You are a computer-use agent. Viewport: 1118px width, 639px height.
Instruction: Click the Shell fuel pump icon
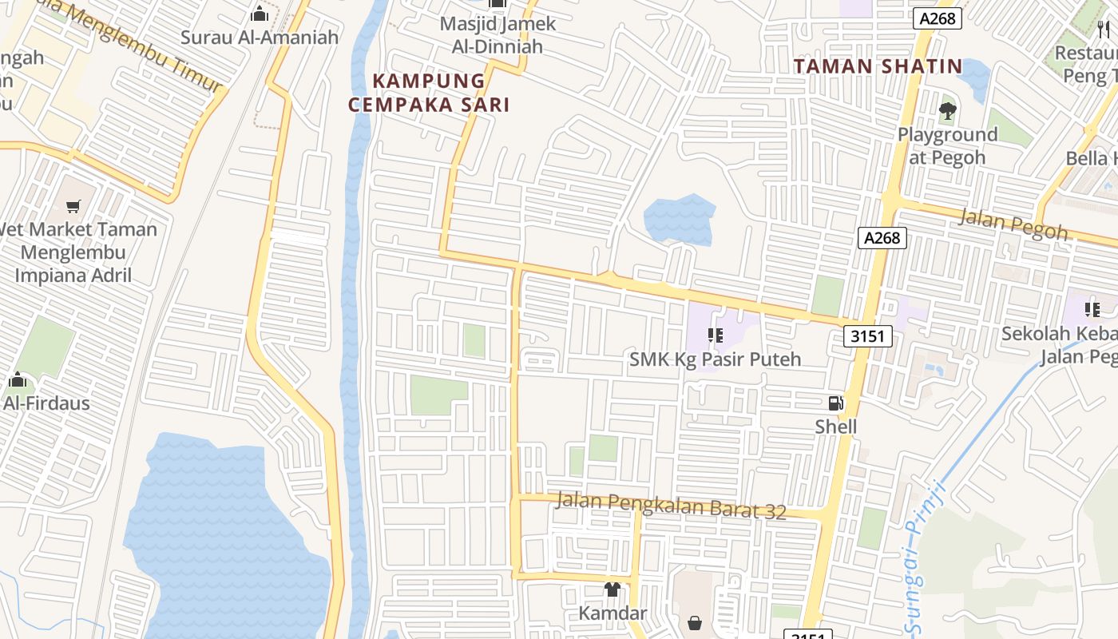click(835, 403)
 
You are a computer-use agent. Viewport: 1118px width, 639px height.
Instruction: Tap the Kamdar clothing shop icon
click(613, 589)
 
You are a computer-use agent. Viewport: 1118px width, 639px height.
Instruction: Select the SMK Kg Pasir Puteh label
click(715, 359)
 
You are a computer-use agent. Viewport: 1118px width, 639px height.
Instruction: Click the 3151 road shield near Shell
click(867, 336)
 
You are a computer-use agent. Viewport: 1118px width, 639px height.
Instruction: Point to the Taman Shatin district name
click(878, 66)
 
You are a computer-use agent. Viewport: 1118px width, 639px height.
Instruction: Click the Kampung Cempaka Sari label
click(429, 93)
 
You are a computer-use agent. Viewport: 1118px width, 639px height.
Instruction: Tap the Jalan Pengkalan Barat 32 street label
click(671, 506)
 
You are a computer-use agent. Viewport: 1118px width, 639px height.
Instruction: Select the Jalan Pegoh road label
click(1013, 224)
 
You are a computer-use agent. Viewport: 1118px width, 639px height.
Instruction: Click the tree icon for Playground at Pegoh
click(948, 111)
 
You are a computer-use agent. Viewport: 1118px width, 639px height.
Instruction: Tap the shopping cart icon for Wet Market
click(73, 207)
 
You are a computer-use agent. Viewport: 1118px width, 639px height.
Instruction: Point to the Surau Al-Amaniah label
click(260, 37)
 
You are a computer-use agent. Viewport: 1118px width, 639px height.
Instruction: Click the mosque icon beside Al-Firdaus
click(17, 380)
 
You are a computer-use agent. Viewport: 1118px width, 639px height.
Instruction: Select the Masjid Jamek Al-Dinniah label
click(498, 35)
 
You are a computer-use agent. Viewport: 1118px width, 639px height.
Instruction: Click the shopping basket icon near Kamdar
click(695, 622)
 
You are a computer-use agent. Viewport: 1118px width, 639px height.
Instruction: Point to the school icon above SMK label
click(715, 336)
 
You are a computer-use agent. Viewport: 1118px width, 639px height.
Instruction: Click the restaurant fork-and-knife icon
click(1104, 30)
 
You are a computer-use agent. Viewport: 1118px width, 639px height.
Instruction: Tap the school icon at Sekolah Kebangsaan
click(1092, 310)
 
